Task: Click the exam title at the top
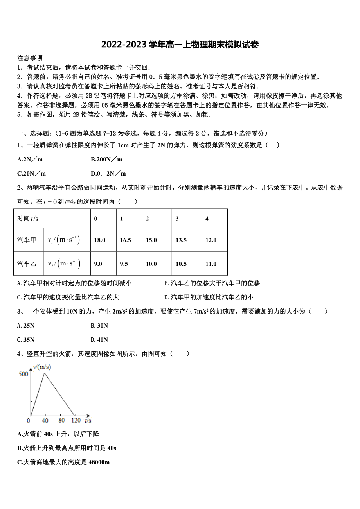(180, 45)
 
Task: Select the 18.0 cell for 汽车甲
(100, 240)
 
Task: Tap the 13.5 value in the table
(181, 240)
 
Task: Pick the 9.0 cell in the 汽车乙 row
(98, 264)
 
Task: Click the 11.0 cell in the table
(211, 264)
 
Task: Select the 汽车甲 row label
(27, 240)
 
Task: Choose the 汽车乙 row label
(27, 264)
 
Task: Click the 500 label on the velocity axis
(23, 374)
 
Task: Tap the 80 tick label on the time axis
(61, 420)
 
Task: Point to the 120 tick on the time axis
(76, 420)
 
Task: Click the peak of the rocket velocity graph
(45, 373)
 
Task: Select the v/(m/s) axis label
(42, 367)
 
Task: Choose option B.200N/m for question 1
(106, 159)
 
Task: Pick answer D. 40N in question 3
(99, 339)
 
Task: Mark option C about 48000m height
(63, 462)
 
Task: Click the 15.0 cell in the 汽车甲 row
(151, 240)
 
